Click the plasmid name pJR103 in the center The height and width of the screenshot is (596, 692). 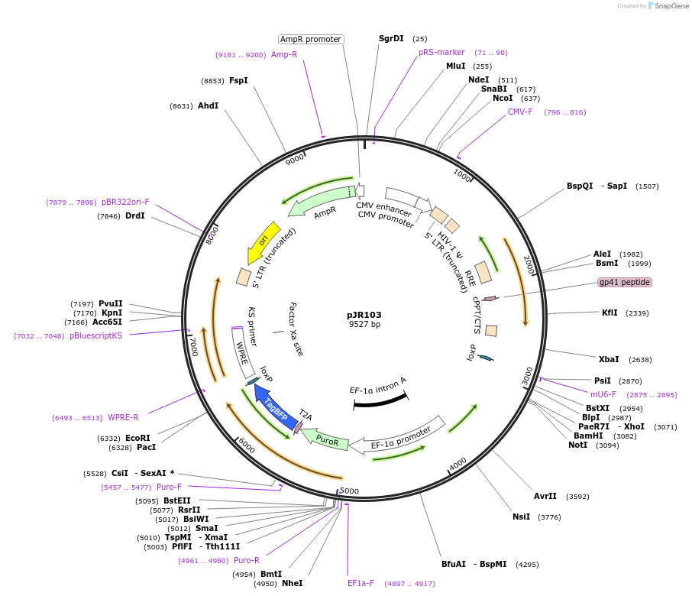coord(364,314)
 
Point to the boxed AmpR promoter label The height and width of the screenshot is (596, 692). coord(310,39)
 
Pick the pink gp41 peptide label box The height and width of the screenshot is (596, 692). coord(625,282)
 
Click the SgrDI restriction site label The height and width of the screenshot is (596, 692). coord(391,38)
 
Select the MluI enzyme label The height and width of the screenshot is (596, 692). coord(456,66)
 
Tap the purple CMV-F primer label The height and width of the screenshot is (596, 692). coord(520,112)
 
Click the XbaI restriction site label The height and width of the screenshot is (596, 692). coord(609,359)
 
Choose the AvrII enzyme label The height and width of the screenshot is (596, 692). coord(545,496)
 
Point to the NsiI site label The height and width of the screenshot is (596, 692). coord(521,517)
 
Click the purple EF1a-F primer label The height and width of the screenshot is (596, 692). coord(361,583)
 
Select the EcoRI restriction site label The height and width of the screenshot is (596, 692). coord(138,438)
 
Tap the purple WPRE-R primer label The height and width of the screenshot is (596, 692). coord(123,417)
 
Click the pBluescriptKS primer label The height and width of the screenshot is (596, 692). coord(95,335)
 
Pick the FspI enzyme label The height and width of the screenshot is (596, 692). coord(238,80)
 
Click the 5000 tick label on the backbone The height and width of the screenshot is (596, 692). coord(349,491)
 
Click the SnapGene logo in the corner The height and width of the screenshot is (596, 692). coord(668,6)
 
